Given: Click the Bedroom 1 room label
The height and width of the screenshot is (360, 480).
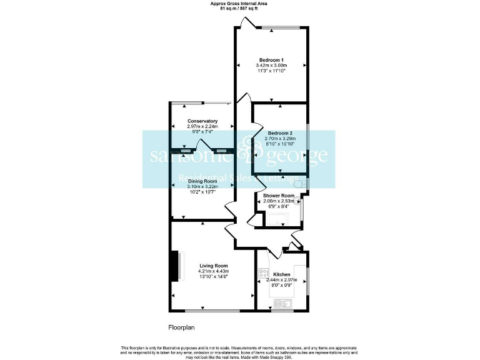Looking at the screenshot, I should point(271,59).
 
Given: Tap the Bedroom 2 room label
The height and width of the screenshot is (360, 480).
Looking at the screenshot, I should point(280,133).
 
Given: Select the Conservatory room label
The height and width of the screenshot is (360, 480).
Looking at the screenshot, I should point(202,121).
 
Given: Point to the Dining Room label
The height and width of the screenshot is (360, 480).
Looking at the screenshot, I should point(202,181).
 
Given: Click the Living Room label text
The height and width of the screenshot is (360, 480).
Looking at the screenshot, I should point(213,266).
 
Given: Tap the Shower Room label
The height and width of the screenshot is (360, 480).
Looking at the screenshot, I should point(278,196).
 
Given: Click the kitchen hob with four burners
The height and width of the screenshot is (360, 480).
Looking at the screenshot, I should point(264,273).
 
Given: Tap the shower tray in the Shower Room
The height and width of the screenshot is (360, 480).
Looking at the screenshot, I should point(275,219).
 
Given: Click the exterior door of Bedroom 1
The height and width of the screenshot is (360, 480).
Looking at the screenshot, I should point(248,24).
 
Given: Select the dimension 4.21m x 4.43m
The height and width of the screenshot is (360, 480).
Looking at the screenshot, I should point(213,271).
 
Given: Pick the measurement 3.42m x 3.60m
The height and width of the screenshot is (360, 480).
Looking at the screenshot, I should point(271,65).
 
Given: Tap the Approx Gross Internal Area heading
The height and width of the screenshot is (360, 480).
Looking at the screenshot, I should point(240,4).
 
